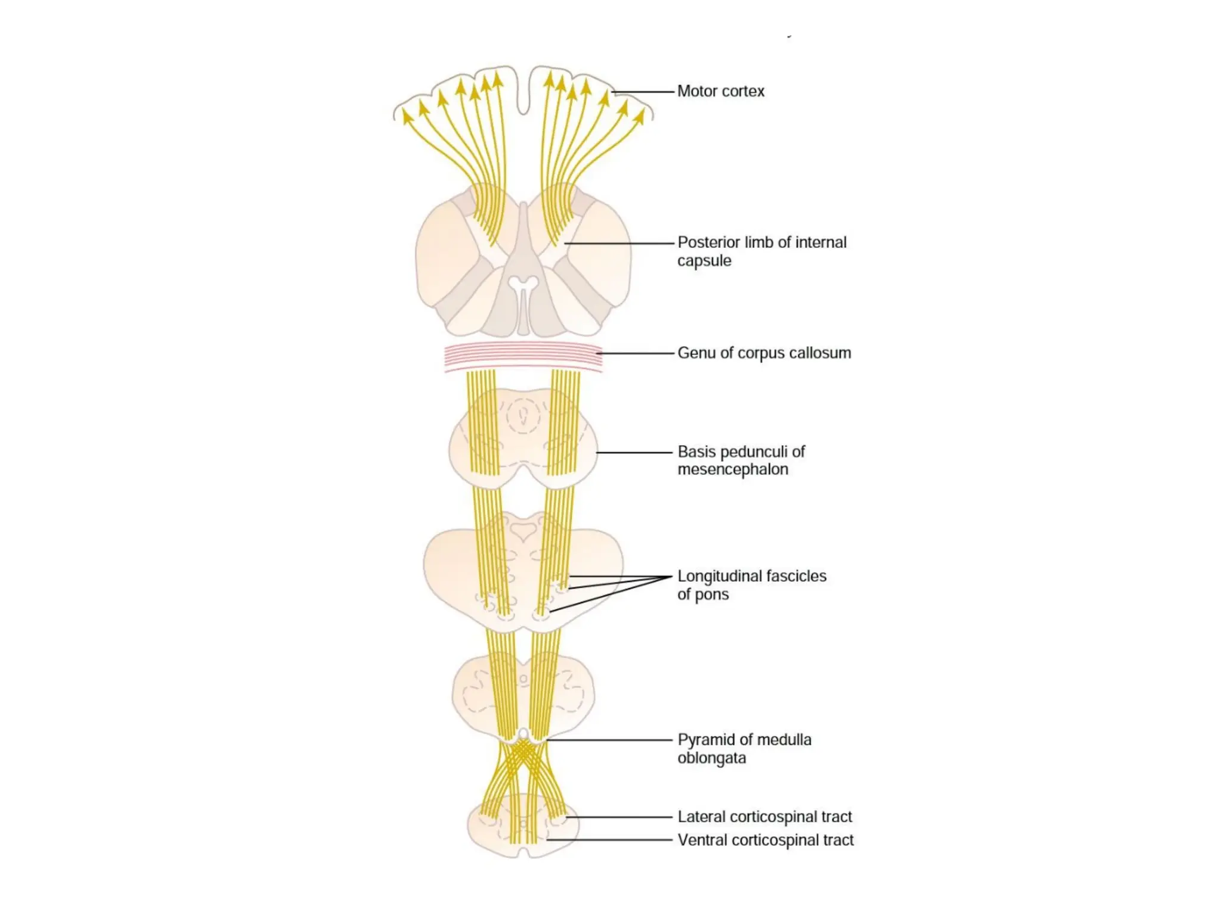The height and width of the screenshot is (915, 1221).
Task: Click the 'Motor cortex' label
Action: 720,91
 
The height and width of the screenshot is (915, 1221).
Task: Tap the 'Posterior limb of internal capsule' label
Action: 761,251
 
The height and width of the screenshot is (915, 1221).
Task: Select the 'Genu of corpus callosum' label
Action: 764,353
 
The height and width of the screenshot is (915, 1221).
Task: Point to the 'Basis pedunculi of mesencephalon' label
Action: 741,460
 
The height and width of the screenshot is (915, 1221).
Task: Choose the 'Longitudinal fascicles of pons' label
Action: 751,585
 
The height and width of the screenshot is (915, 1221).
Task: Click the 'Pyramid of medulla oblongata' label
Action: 744,749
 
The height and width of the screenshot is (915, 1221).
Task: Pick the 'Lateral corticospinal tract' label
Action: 764,817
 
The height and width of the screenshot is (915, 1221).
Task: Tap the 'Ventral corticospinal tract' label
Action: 765,840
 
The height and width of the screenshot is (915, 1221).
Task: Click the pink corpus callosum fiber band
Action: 523,357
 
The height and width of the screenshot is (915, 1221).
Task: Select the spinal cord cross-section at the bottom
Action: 523,828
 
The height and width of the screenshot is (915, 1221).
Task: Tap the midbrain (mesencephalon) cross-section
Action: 523,441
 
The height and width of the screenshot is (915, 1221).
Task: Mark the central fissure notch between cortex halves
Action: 523,95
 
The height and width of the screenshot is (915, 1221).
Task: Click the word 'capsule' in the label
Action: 704,261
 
